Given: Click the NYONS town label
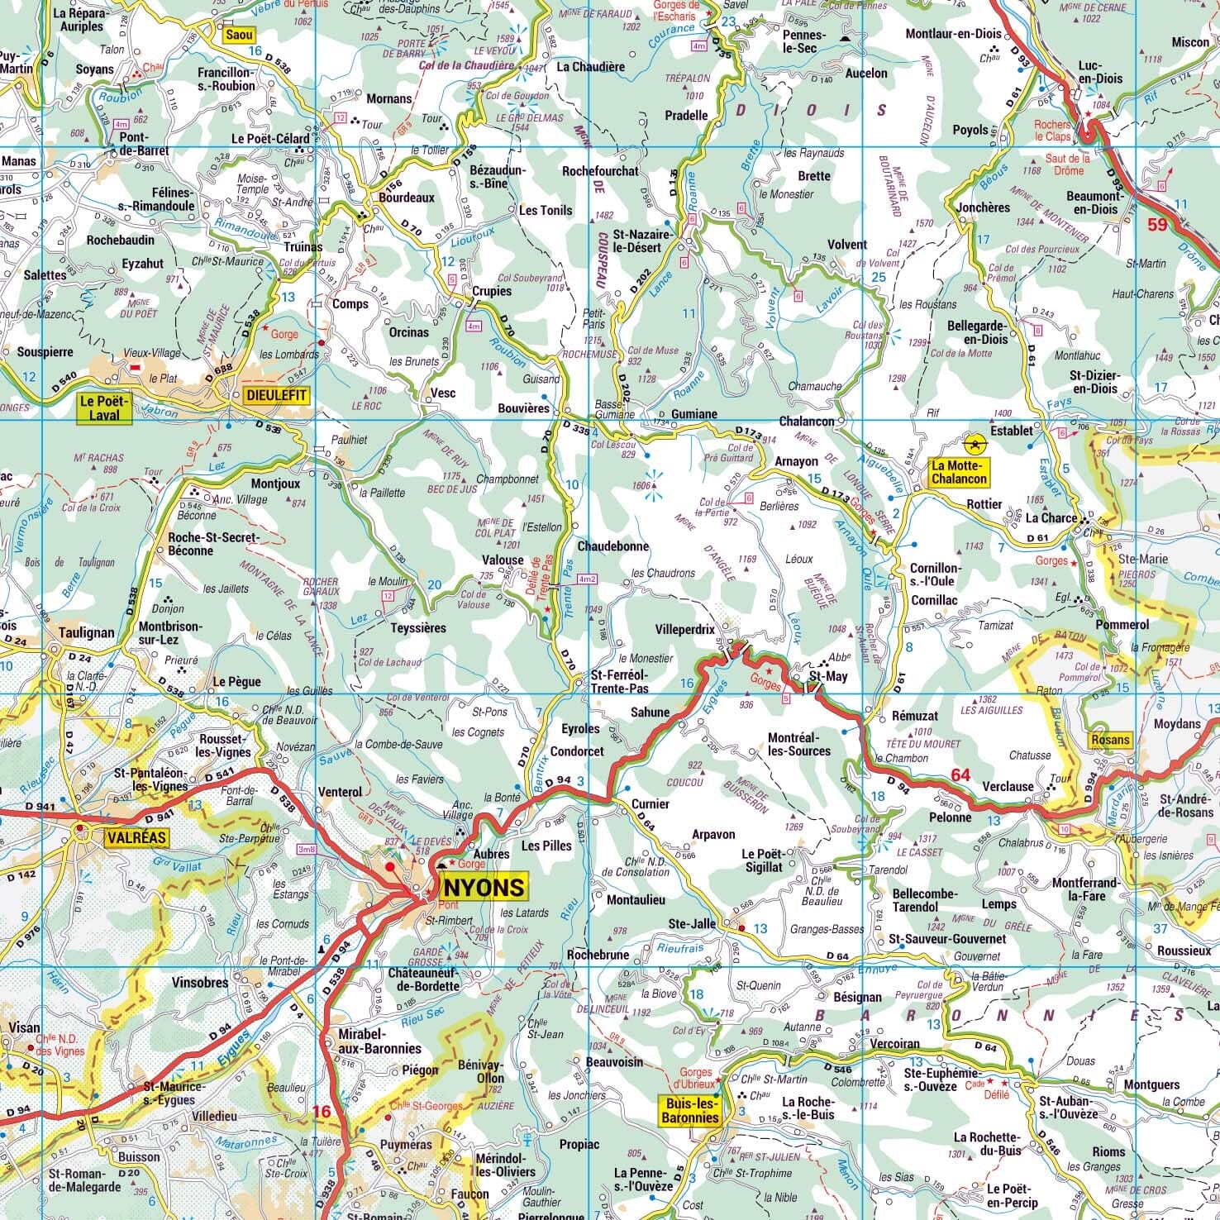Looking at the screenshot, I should pyautogui.click(x=484, y=887).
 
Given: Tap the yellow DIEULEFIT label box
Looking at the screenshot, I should pyautogui.click(x=275, y=396).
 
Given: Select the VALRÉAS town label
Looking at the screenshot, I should pyautogui.click(x=136, y=838).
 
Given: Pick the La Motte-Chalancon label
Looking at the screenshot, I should pyautogui.click(x=958, y=472).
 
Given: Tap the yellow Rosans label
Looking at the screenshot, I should pyautogui.click(x=1109, y=740).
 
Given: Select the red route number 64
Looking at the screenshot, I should pyautogui.click(x=960, y=774).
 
